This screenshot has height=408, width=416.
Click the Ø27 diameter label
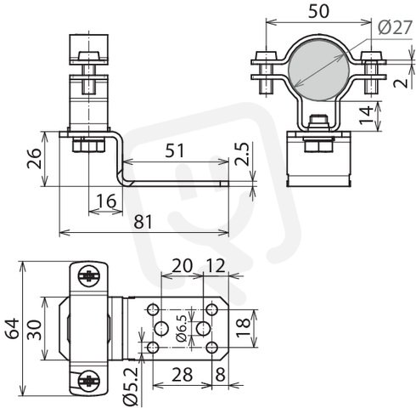[x=394, y=28]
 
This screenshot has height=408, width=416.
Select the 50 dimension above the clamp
[x=318, y=12]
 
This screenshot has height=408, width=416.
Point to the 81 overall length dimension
[x=143, y=222]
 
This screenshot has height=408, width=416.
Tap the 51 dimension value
[x=175, y=150]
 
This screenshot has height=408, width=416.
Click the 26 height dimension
[x=34, y=158]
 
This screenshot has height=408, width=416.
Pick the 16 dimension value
[x=106, y=201]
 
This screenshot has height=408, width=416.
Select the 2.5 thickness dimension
[x=242, y=154]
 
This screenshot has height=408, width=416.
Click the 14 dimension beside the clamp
[x=366, y=116]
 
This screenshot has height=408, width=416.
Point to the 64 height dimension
[x=13, y=329]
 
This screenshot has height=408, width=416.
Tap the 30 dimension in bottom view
[x=35, y=330]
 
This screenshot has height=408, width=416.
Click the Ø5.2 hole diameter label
[x=131, y=386]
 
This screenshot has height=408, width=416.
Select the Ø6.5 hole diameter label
[x=182, y=328]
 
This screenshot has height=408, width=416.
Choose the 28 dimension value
[x=183, y=375]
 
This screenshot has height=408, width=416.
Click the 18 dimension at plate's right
[x=244, y=328]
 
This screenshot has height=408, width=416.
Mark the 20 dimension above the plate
[x=182, y=266]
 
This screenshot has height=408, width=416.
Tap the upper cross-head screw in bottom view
[x=89, y=275]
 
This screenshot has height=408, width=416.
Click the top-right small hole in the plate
[x=211, y=309]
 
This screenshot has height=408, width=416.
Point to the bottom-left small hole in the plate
[x=153, y=347]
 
